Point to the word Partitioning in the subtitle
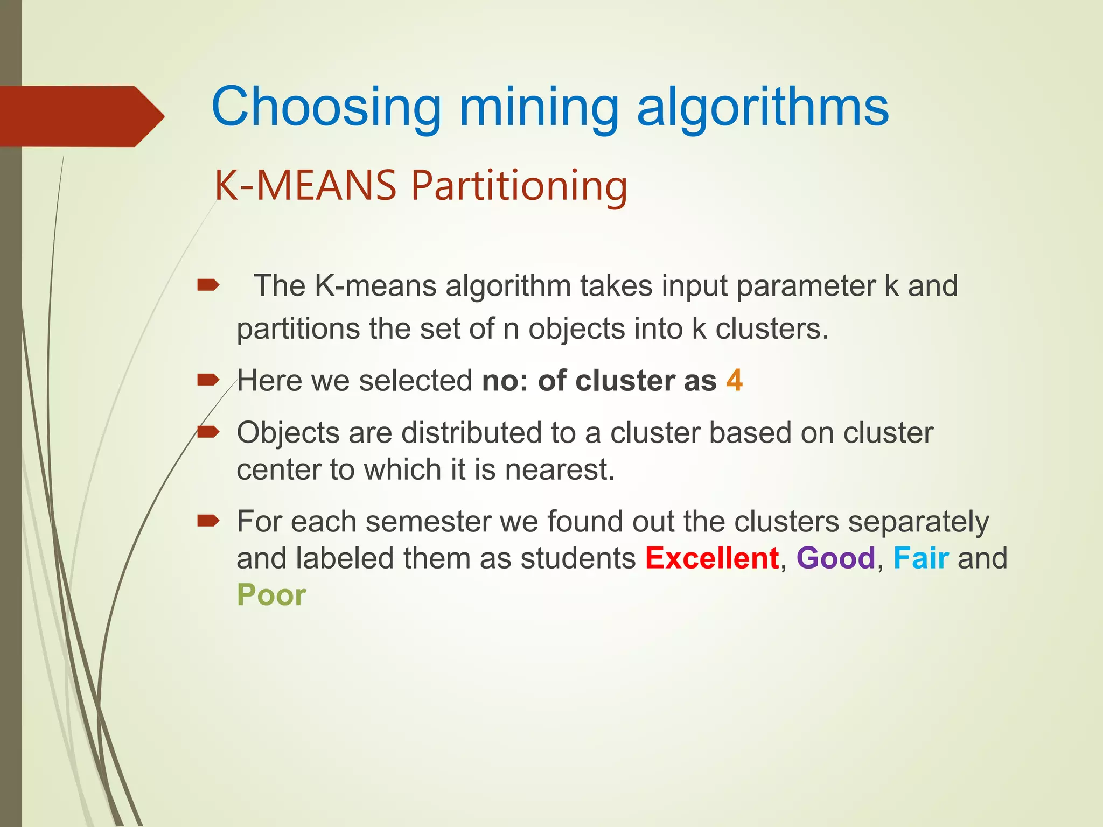coord(520,186)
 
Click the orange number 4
coord(735,380)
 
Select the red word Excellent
coord(712,558)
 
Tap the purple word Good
coord(836,558)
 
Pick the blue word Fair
coord(921,558)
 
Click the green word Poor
coord(271,595)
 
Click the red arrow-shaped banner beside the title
coord(81,116)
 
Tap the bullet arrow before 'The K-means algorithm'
coord(208,285)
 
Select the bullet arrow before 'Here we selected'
coord(208,381)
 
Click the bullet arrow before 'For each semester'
coord(208,521)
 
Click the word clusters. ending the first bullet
coord(772,329)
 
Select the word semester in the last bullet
coord(428,522)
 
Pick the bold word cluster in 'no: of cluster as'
coord(625,381)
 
